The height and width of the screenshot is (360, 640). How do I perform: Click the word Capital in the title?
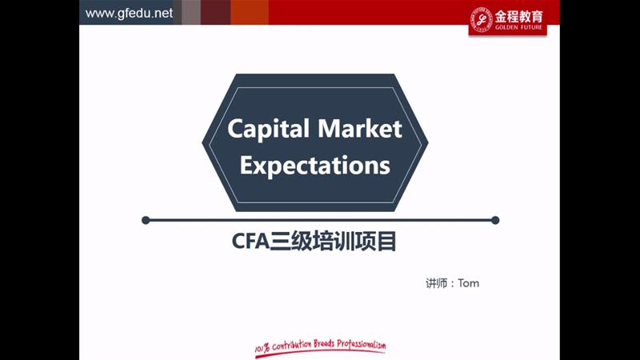click(x=268, y=130)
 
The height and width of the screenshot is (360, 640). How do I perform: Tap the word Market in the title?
click(x=360, y=129)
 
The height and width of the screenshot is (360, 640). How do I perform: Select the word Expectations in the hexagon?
click(x=314, y=166)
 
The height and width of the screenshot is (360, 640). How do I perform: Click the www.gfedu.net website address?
click(x=129, y=13)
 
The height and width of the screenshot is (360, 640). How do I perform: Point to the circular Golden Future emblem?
click(x=482, y=18)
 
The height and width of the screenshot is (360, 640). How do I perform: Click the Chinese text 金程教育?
click(x=518, y=17)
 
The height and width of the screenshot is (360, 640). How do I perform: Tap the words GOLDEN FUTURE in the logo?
click(x=518, y=27)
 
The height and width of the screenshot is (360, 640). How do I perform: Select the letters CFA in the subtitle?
click(x=250, y=242)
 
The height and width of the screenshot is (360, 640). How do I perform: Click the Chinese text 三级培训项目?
click(x=333, y=242)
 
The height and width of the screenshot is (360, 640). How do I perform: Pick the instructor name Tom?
click(x=469, y=283)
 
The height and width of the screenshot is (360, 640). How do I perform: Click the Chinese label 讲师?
click(x=436, y=283)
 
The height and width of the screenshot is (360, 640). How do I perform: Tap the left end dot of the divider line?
click(x=146, y=221)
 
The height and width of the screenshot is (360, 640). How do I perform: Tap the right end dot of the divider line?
click(x=495, y=221)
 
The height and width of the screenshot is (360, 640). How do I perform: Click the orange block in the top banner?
click(x=250, y=12)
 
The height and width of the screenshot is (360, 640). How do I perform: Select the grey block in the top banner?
click(x=191, y=12)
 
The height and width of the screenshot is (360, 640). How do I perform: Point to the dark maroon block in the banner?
click(x=215, y=12)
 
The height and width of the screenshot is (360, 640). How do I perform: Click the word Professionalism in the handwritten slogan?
click(x=362, y=345)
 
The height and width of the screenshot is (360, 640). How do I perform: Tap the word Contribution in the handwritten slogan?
click(x=291, y=346)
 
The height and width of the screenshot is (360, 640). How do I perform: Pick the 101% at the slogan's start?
click(x=262, y=348)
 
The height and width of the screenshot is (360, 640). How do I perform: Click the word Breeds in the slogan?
click(x=324, y=344)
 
